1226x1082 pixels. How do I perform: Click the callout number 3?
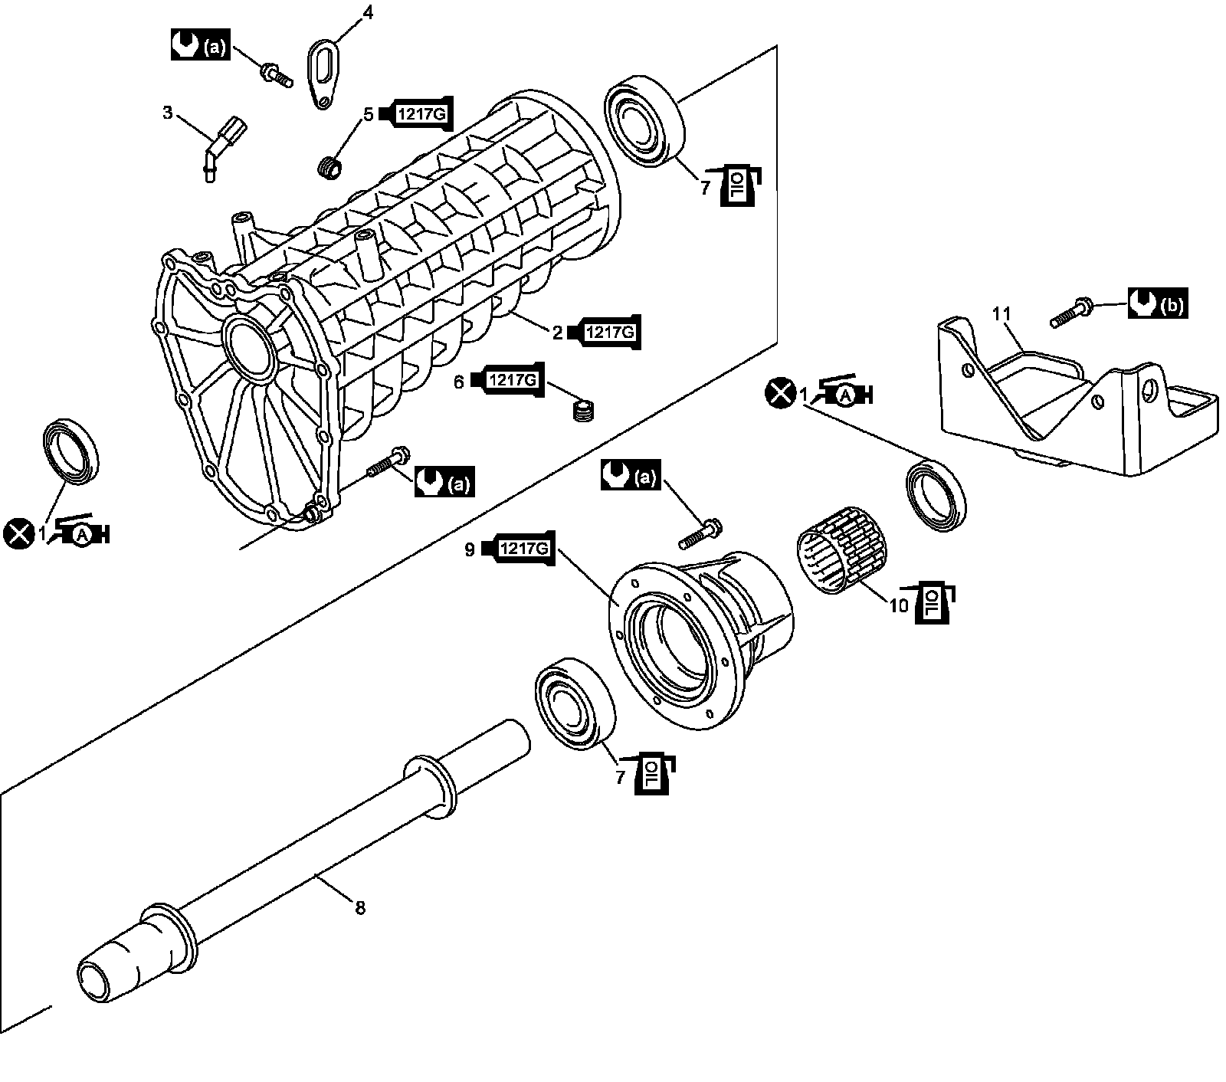coord(168,113)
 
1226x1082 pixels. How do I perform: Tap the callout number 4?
coord(368,12)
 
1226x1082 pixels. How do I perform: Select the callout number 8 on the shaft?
coord(359,908)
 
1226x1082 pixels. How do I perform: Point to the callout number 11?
coord(1001,314)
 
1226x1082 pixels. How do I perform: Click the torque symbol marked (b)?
coord(1157,304)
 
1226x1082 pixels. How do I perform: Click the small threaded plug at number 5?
coord(330,168)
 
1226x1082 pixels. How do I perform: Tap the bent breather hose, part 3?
coord(221,146)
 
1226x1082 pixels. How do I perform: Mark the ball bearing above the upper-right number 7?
coord(644,119)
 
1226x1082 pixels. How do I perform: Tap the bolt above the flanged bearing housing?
coord(700,533)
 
